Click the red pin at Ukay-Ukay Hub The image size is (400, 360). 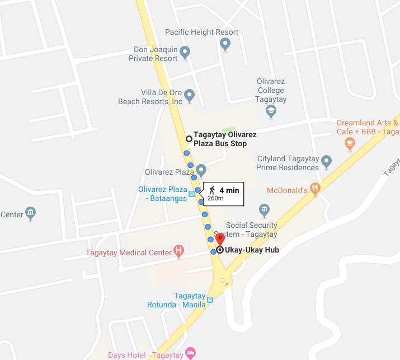tap(220, 239)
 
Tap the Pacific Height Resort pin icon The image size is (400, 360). tap(225, 44)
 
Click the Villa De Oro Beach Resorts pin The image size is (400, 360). tap(189, 95)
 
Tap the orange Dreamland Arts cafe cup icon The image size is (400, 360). tap(350, 143)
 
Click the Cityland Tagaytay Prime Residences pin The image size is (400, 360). tap(327, 162)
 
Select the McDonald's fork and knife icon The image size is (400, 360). tap(316, 190)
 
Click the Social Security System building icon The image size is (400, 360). tap(265, 211)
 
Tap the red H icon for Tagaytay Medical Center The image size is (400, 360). tap(178, 251)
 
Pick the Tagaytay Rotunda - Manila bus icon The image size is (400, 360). tap(210, 300)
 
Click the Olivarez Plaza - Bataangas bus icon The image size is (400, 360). tap(192, 194)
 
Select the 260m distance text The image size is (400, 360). tap(215, 198)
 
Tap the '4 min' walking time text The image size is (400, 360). tap(229, 190)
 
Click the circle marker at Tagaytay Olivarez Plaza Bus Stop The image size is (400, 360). tap(189, 138)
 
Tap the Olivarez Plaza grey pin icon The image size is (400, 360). tap(201, 170)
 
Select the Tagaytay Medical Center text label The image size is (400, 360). tap(129, 253)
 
